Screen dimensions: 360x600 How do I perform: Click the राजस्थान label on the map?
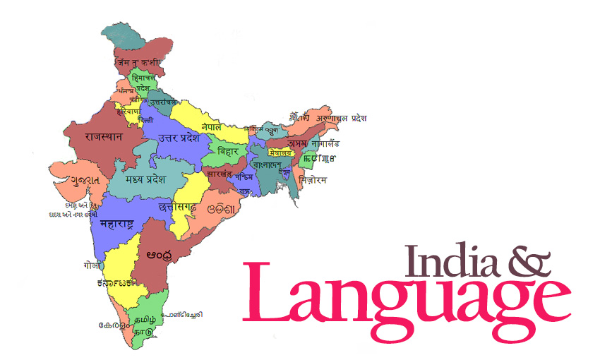pos(104,136)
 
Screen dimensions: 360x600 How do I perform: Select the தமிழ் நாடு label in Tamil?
pos(147,314)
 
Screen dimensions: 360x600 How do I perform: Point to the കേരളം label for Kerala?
pos(114,326)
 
